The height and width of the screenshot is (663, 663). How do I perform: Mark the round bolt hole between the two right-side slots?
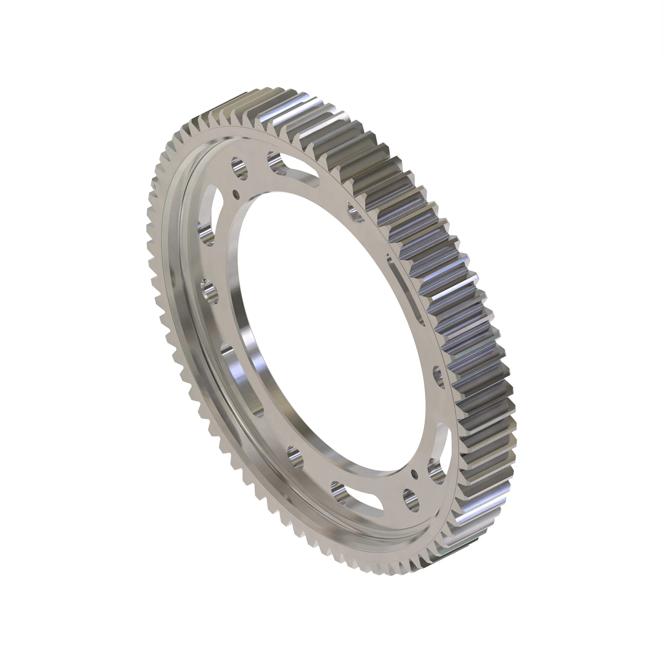click(x=438, y=375)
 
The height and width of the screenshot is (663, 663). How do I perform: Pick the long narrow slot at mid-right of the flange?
click(x=408, y=293)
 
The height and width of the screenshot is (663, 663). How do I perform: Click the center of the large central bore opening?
click(x=326, y=331)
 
